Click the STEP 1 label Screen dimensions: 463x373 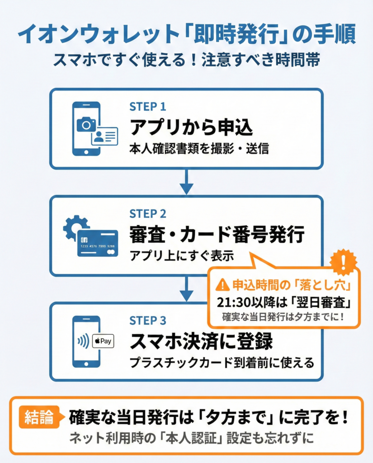click(x=147, y=107)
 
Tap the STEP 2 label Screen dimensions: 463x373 click(x=148, y=214)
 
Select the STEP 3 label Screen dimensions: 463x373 click(x=148, y=321)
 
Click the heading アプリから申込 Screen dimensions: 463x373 click(x=191, y=128)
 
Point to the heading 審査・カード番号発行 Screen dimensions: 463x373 click(x=217, y=235)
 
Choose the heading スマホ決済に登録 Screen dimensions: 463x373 click(x=201, y=342)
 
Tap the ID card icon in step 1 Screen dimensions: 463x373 click(x=104, y=136)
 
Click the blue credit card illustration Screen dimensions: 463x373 click(x=97, y=243)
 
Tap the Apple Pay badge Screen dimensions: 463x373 click(x=103, y=341)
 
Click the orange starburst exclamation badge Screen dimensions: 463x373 click(x=343, y=262)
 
